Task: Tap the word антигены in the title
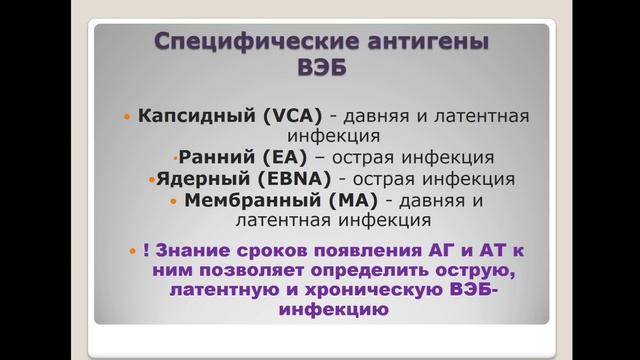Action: click(419, 45)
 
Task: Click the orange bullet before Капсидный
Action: click(126, 117)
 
